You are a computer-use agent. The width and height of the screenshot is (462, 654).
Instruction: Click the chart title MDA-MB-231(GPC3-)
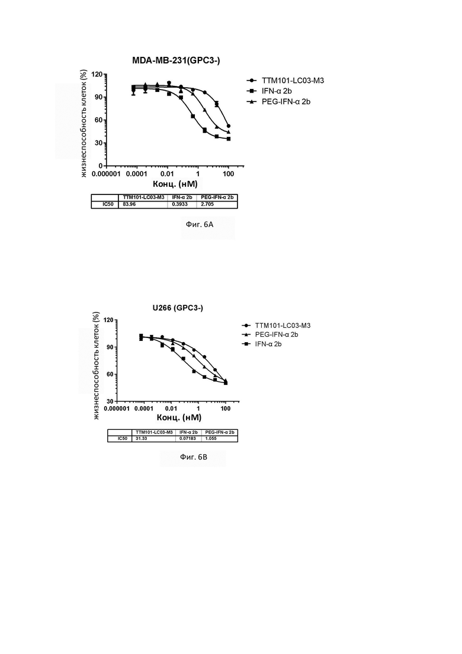[x=177, y=60]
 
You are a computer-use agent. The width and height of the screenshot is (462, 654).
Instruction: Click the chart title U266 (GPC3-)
[x=178, y=308]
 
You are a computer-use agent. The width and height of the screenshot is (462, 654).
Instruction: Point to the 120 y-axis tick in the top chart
[x=97, y=74]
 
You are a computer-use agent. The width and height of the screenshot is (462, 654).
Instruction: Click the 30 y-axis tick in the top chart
[x=99, y=143]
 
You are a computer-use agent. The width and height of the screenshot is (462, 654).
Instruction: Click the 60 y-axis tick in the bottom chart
[x=110, y=374]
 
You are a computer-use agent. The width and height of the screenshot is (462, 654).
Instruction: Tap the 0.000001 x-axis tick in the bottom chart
[x=117, y=409]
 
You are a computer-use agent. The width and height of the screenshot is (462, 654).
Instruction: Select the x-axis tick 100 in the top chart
[x=228, y=174]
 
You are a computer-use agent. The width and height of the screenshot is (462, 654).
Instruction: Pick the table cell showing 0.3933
[x=179, y=205]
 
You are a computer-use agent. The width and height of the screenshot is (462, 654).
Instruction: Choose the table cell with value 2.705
[x=207, y=205]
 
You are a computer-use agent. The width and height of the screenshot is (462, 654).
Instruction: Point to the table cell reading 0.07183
[x=188, y=439]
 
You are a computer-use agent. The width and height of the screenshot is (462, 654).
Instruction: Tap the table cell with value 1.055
[x=211, y=439]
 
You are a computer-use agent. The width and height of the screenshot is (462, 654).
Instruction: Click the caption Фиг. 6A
[x=200, y=224]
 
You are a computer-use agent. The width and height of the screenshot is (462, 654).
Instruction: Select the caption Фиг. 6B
[x=194, y=457]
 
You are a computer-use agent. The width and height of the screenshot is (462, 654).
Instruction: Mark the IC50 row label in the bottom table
[x=123, y=439]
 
